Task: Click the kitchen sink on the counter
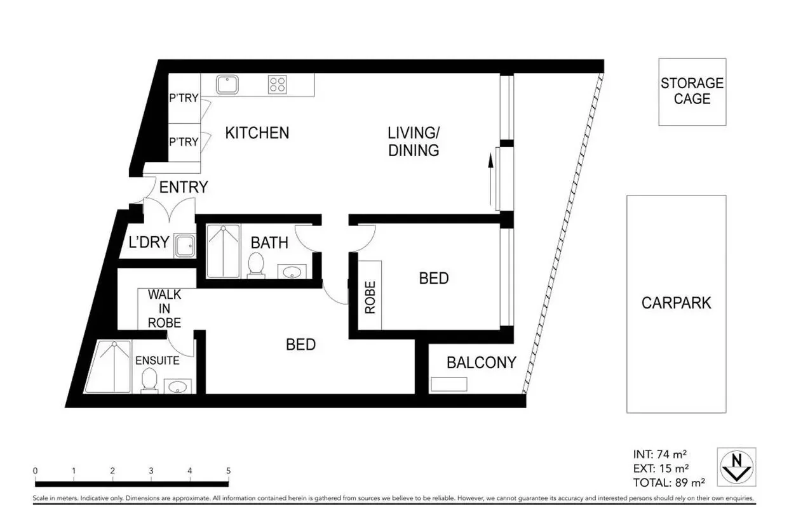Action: pos(227,84)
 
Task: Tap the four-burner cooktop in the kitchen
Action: pos(277,84)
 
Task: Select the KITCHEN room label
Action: pos(257,133)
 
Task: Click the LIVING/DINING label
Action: pos(414,142)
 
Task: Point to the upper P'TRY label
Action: pos(184,98)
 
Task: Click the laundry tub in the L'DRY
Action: pos(185,246)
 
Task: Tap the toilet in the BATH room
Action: pos(256,265)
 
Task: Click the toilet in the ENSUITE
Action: pos(149,381)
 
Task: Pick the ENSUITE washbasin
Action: pos(176,386)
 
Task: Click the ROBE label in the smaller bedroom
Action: pos(370,296)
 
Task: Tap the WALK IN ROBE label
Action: pos(165,308)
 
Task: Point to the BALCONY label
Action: pos(481,363)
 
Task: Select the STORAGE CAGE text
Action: pos(692,91)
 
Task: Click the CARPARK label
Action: pos(676,303)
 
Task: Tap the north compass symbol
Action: pos(736,466)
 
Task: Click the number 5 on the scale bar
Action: pos(227,471)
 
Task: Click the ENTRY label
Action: pos(183,187)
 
